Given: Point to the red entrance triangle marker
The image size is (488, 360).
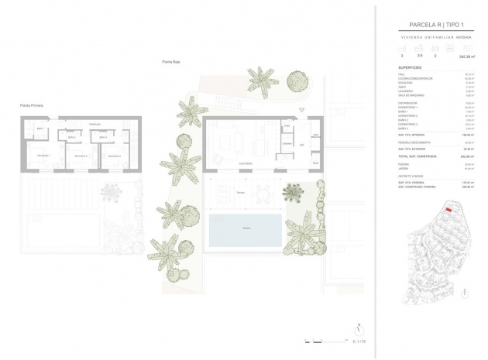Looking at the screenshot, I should point(302,110).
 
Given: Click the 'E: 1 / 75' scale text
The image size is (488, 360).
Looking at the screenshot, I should point(358,341).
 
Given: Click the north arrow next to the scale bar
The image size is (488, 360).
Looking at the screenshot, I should point(358,328).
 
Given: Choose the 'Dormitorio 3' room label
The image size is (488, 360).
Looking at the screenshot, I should point(114,156).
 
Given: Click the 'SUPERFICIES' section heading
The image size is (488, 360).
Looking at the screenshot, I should point(411,67).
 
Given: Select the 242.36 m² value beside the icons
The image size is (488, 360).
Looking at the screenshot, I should point(467,57).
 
